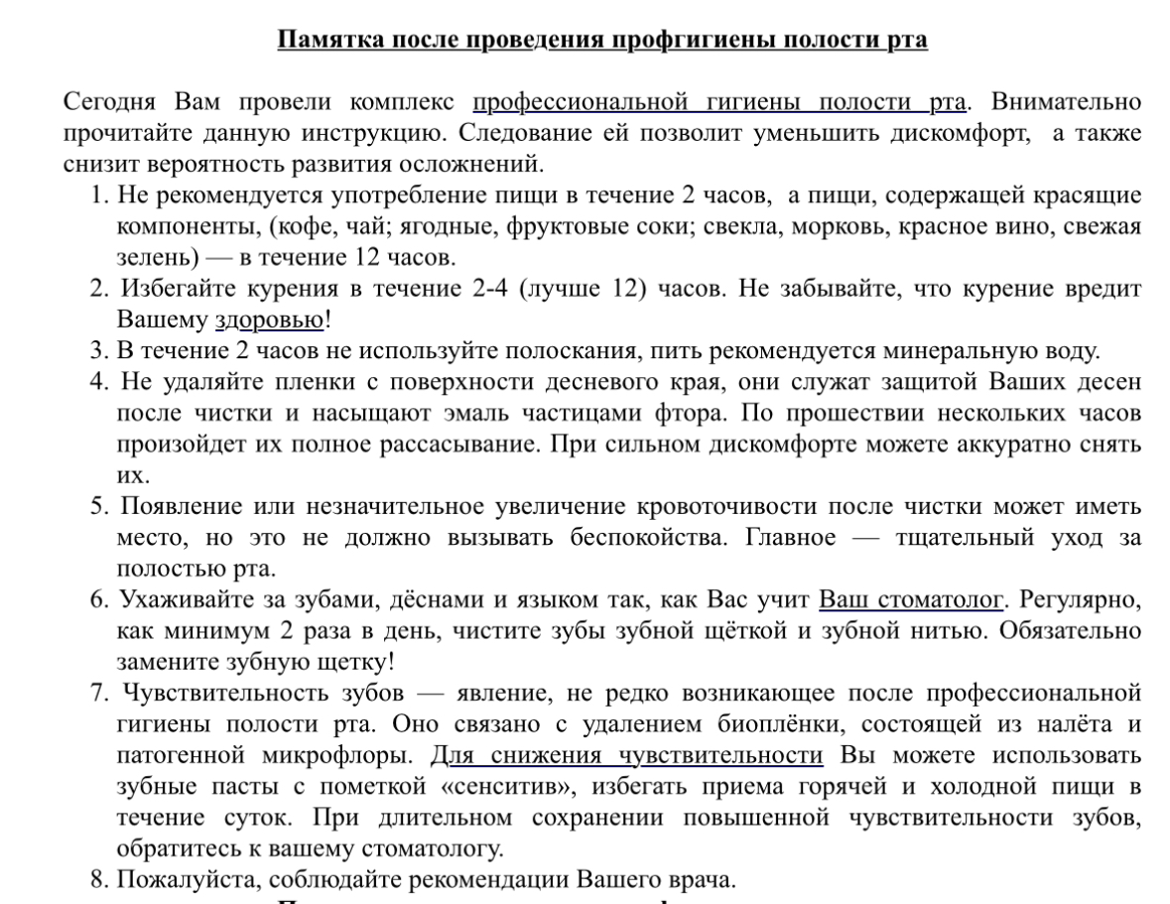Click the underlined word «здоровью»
[269, 321]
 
